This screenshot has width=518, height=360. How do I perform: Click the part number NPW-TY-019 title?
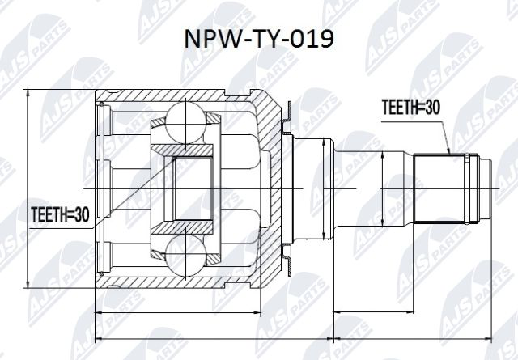[x=259, y=39]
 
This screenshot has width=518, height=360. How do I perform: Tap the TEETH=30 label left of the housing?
[x=59, y=214]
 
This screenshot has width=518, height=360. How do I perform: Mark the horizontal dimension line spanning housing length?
[x=178, y=311]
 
